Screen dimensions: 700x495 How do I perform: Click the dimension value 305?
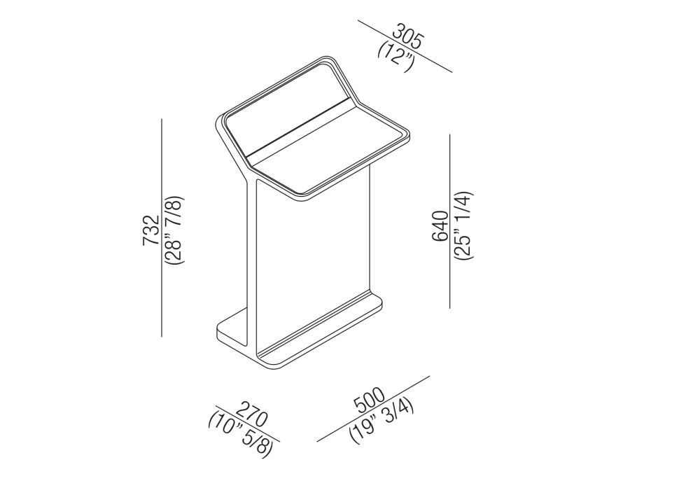coord(407,38)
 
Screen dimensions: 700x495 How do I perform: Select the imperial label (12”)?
coord(395,56)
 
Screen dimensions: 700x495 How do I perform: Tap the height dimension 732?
coord(151,230)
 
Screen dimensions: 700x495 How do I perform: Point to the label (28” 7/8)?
coord(173,230)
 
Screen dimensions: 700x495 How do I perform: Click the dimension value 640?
coord(440,226)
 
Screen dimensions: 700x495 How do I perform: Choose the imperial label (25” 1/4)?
coord(463,225)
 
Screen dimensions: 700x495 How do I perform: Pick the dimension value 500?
coord(369,400)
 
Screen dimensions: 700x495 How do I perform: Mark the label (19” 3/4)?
coord(382,421)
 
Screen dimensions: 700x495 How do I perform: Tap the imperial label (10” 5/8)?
coord(239,434)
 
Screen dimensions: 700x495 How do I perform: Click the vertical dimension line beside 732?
coord(162,228)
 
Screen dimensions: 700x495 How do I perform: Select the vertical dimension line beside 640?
coord(450,221)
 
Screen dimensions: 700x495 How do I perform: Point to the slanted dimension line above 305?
coord(405,46)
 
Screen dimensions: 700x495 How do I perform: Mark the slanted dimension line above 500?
coord(373,409)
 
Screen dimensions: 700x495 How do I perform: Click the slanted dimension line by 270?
coord(248,424)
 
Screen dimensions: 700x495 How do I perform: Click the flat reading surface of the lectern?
coord(327,147)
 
